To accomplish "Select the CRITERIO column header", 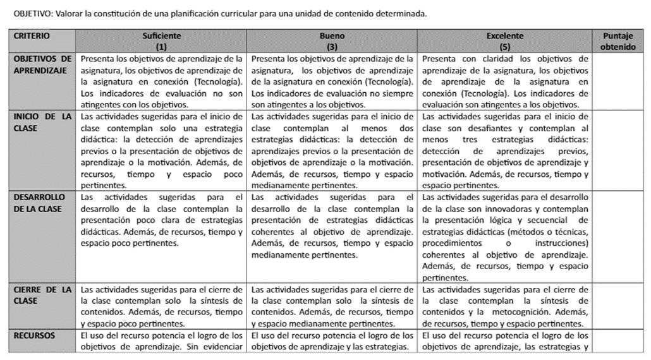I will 32,37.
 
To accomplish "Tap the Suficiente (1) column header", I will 161,41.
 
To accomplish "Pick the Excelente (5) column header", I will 505,41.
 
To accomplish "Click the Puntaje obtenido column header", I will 618,41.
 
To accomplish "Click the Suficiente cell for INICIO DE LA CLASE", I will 161,150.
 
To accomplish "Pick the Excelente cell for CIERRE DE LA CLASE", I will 505,306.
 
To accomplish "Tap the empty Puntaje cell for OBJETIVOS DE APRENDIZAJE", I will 618,81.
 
